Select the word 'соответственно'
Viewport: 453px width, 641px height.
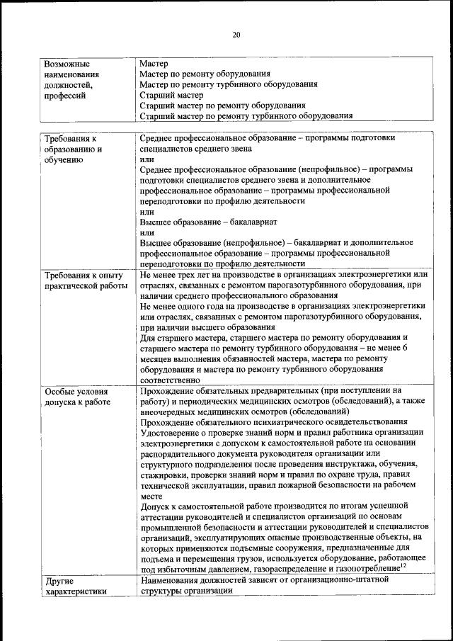pos(171,379)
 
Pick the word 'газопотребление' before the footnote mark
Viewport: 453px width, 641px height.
pos(361,568)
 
